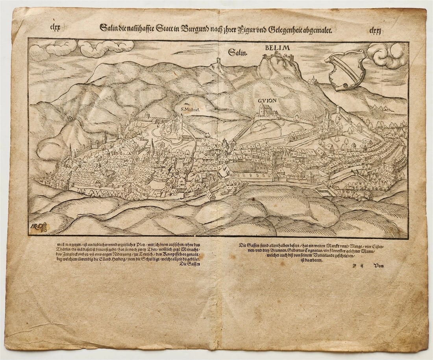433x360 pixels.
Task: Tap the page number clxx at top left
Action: (56, 27)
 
